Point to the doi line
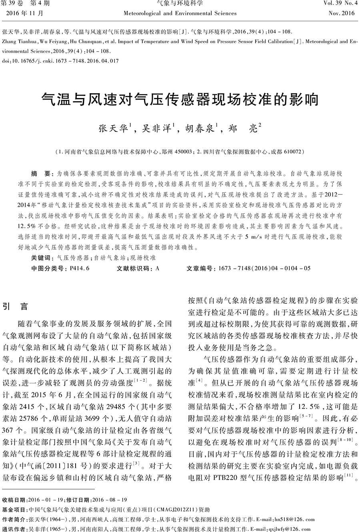(x=60, y=61)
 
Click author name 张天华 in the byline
(x=113, y=129)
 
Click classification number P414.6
(x=79, y=268)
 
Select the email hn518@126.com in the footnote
(x=294, y=520)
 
